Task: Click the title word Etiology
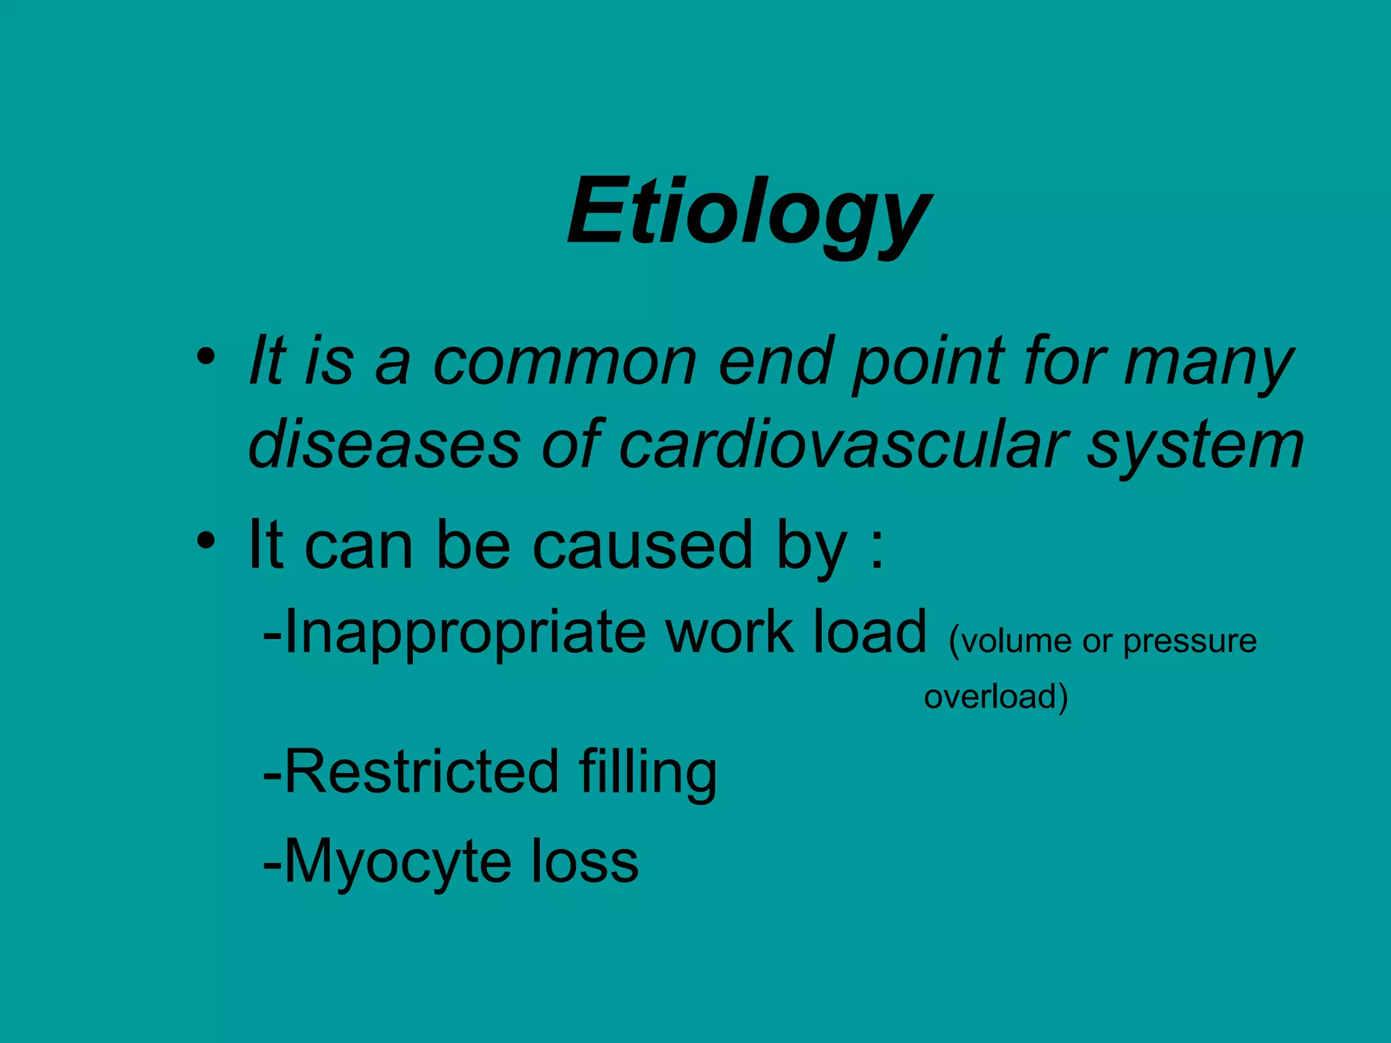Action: coord(749,212)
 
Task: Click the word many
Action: coord(1209,364)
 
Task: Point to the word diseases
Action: coord(384,445)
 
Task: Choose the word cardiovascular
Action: coord(842,445)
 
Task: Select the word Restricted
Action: coord(421,771)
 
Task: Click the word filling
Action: coord(648,773)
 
